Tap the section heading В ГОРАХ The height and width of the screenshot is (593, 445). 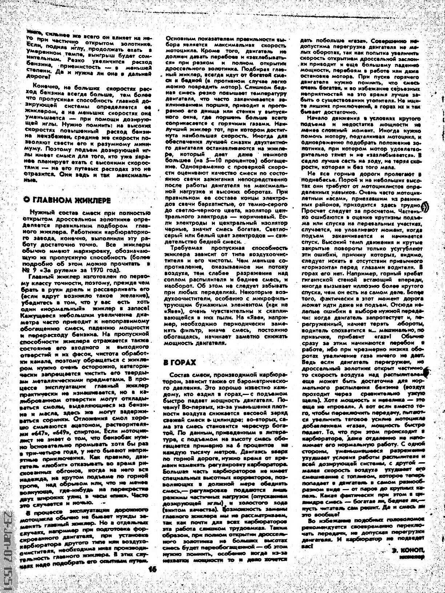180,362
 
